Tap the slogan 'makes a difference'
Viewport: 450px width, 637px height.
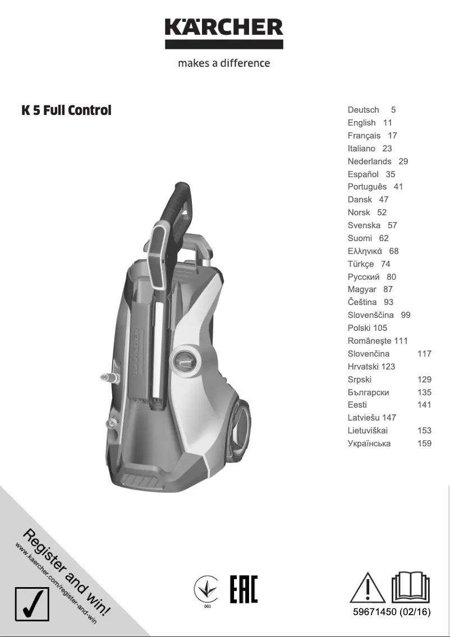tap(224, 63)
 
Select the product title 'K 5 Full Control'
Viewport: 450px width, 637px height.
tap(66, 110)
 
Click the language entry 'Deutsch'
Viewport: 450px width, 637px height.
tap(363, 110)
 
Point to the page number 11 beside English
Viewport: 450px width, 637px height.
tap(388, 123)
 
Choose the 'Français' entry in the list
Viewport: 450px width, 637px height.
tap(364, 136)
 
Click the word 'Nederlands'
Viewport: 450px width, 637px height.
tap(369, 161)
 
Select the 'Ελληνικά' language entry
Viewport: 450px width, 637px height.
tap(365, 251)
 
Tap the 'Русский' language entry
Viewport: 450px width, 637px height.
tap(364, 277)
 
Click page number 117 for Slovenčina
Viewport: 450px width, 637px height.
tap(424, 354)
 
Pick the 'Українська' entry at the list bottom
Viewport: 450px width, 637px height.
tap(369, 444)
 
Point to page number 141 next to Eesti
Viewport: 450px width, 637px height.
tap(424, 405)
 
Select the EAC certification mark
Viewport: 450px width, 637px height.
tap(244, 589)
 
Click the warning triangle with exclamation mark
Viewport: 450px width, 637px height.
tap(368, 588)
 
